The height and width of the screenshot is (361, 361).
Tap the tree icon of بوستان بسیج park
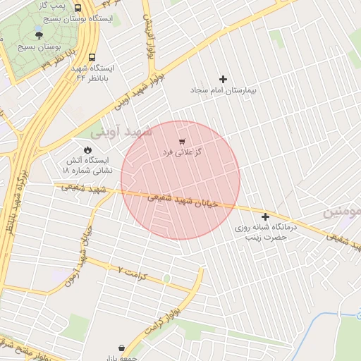click(x=38, y=35)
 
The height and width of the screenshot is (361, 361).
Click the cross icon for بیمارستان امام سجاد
click(x=224, y=79)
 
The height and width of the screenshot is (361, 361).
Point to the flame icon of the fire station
click(x=87, y=149)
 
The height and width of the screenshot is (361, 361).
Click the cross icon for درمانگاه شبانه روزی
click(x=265, y=216)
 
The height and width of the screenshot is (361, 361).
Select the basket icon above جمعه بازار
click(x=123, y=348)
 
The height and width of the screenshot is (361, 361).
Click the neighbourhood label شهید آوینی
click(x=121, y=132)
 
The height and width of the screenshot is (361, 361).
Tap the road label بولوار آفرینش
click(x=149, y=35)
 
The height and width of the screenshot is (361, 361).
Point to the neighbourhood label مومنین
click(x=341, y=212)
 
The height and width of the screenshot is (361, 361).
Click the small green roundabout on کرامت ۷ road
click(x=166, y=279)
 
